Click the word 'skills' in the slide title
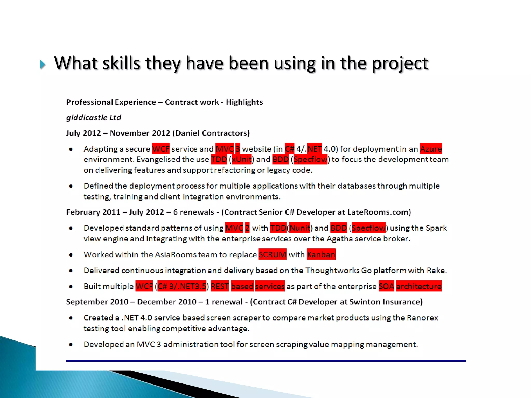click(x=121, y=63)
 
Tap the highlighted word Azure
click(x=431, y=149)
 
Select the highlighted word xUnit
click(x=241, y=159)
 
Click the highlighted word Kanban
click(x=321, y=254)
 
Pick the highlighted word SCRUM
click(x=272, y=254)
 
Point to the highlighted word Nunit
click(x=299, y=228)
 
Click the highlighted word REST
click(x=219, y=286)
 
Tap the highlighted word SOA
click(x=386, y=286)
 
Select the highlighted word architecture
click(x=418, y=286)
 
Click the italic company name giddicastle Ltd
click(x=94, y=118)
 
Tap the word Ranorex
click(x=422, y=318)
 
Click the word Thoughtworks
click(x=332, y=271)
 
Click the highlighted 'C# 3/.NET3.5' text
click(x=182, y=286)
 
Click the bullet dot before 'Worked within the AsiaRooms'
click(x=71, y=255)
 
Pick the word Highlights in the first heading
click(x=244, y=102)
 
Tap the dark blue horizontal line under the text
click(x=266, y=361)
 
